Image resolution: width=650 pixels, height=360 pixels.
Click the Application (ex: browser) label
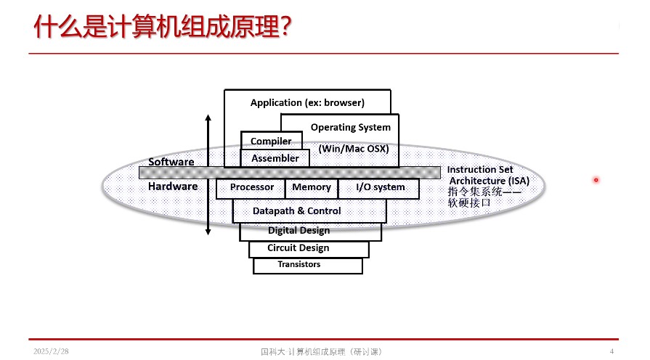[x=307, y=103]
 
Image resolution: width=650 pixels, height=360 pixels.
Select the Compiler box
[x=272, y=141]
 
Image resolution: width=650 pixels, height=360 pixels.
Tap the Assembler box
[x=275, y=158]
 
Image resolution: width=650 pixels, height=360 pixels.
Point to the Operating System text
[x=351, y=128]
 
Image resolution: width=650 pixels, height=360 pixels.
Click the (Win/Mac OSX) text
[x=354, y=149]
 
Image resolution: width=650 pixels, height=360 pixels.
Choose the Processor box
[x=251, y=189]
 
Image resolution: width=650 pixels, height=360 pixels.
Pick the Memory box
[x=312, y=189]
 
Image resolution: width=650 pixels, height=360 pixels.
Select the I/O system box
[x=379, y=189]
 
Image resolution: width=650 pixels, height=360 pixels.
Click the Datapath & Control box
[x=309, y=211]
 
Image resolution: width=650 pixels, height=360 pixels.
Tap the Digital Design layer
[x=311, y=232]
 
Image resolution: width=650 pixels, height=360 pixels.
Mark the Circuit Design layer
[x=309, y=250]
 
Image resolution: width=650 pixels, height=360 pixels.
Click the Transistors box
[x=308, y=266]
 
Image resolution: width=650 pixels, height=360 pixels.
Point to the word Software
[x=171, y=162]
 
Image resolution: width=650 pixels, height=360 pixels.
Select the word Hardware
[x=173, y=187]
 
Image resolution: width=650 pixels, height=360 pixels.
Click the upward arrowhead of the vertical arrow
[x=208, y=118]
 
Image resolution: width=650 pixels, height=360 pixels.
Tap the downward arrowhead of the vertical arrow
[x=208, y=232]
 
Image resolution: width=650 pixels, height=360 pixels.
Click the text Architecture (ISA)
[x=489, y=181]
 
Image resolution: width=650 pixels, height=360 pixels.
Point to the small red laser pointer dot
[x=596, y=180]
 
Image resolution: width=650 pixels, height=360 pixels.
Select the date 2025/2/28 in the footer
[x=51, y=351]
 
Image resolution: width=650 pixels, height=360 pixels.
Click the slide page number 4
[x=612, y=351]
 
